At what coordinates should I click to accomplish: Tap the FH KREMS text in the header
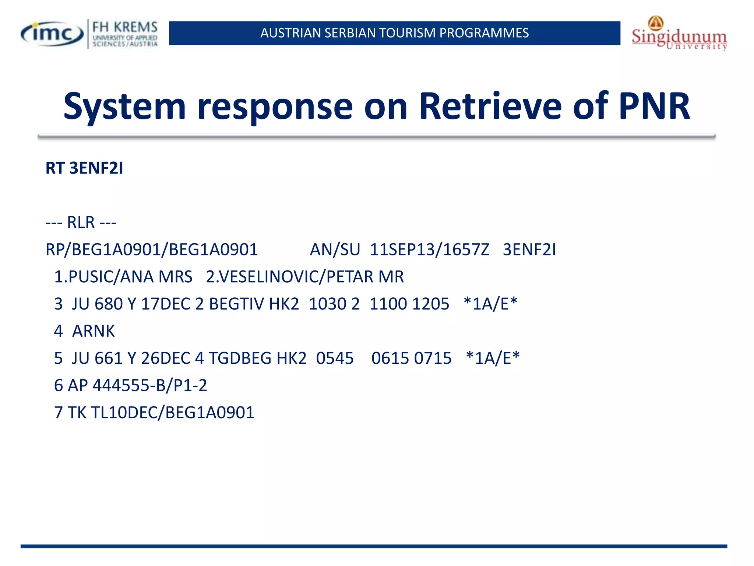point(125,27)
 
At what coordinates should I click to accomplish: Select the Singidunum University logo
point(679,34)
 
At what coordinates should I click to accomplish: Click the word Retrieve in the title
point(490,106)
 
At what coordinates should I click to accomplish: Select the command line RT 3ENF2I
point(84,168)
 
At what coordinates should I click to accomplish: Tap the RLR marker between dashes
point(81,223)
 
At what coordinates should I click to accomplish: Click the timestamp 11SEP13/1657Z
point(430,250)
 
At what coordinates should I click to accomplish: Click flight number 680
point(108,304)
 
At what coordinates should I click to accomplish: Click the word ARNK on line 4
point(94,331)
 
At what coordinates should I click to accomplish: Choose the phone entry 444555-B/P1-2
point(150,385)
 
